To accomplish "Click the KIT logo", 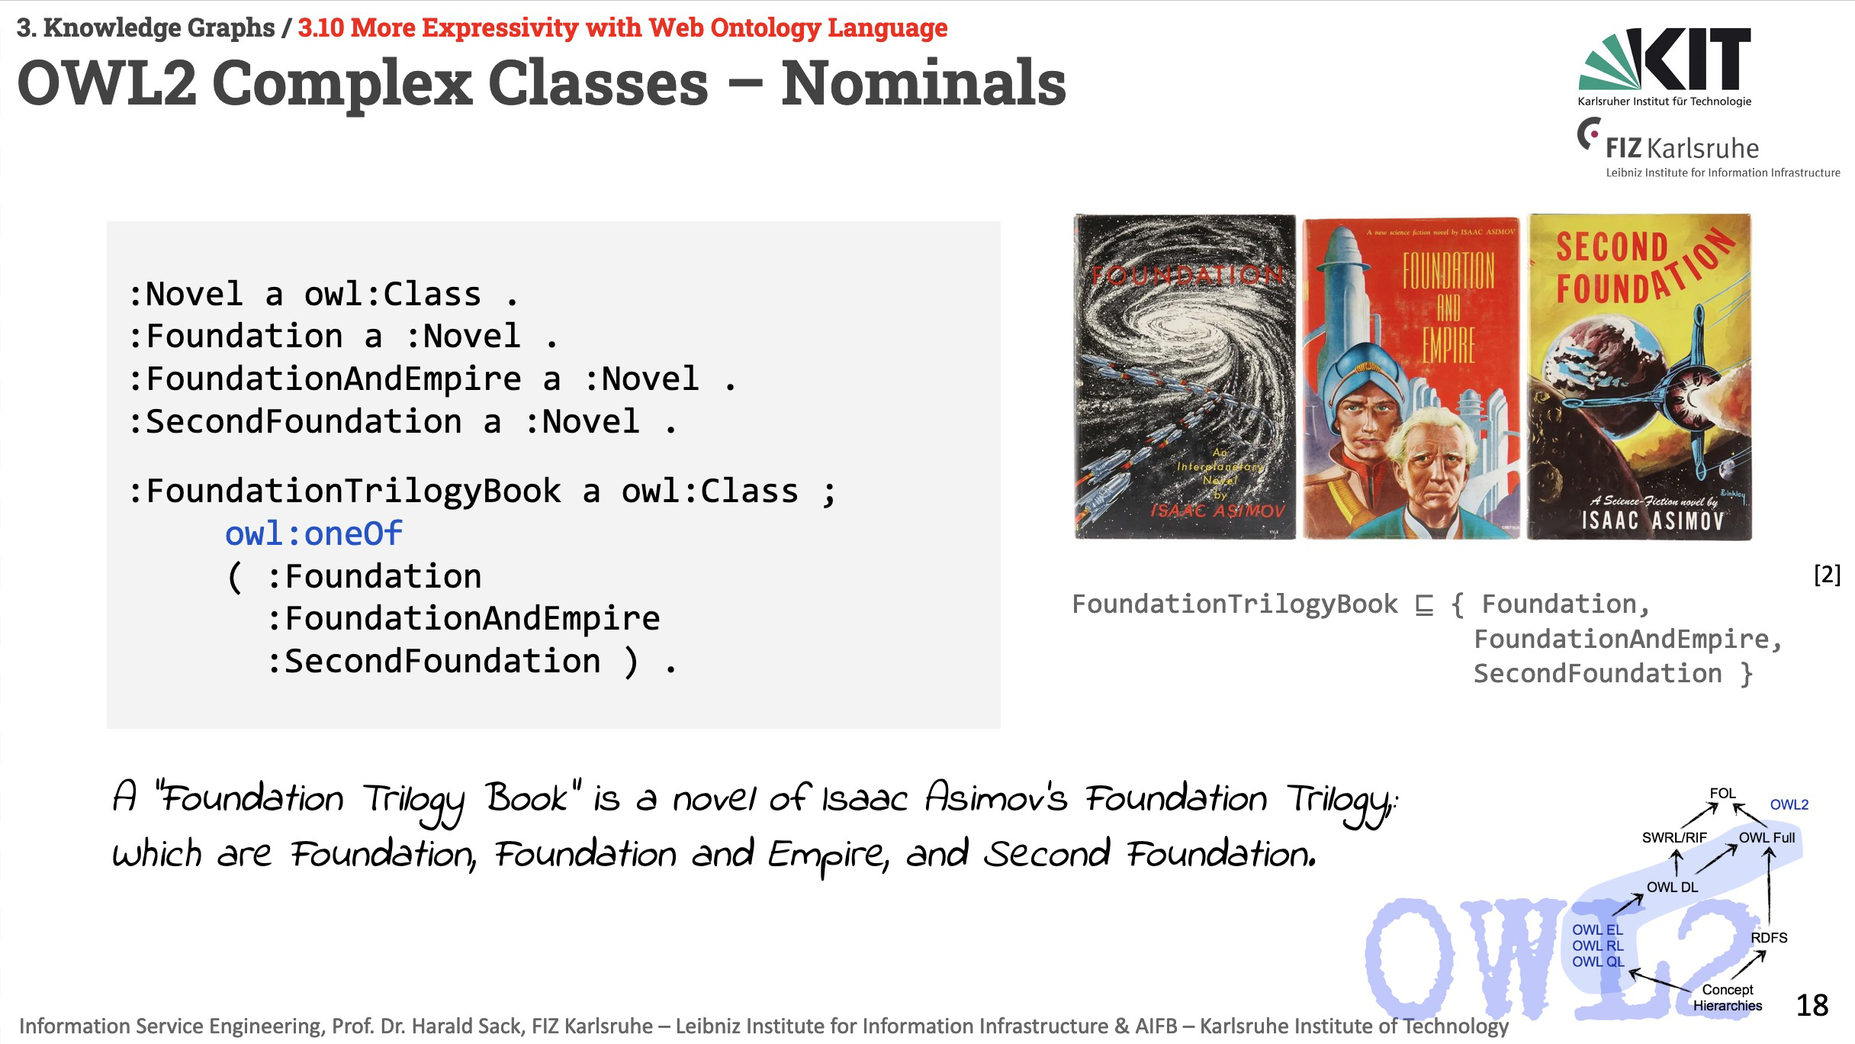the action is pyautogui.click(x=1664, y=67).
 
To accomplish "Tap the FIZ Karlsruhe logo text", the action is pyautogui.click(x=1682, y=148).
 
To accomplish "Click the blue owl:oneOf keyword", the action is pyautogui.click(x=313, y=533).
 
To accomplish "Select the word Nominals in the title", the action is pyautogui.click(x=923, y=83).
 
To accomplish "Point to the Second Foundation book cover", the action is pyautogui.click(x=1640, y=377).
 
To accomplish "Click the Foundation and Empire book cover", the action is pyautogui.click(x=1411, y=379).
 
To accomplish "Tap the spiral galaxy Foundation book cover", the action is pyautogui.click(x=1185, y=377).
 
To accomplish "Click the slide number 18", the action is pyautogui.click(x=1812, y=1006).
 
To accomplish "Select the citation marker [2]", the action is pyautogui.click(x=1827, y=575).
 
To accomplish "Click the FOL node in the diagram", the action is pyautogui.click(x=1722, y=793).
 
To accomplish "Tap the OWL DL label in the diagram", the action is pyautogui.click(x=1672, y=887).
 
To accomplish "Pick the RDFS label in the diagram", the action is pyautogui.click(x=1769, y=937).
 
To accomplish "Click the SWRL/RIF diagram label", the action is pyautogui.click(x=1674, y=837).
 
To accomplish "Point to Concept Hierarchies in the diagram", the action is pyautogui.click(x=1728, y=997).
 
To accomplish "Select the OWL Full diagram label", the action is pyautogui.click(x=1767, y=837).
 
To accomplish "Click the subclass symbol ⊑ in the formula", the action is pyautogui.click(x=1424, y=605).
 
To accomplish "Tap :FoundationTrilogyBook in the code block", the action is pyautogui.click(x=345, y=491).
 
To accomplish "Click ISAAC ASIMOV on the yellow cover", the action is pyautogui.click(x=1652, y=521).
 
